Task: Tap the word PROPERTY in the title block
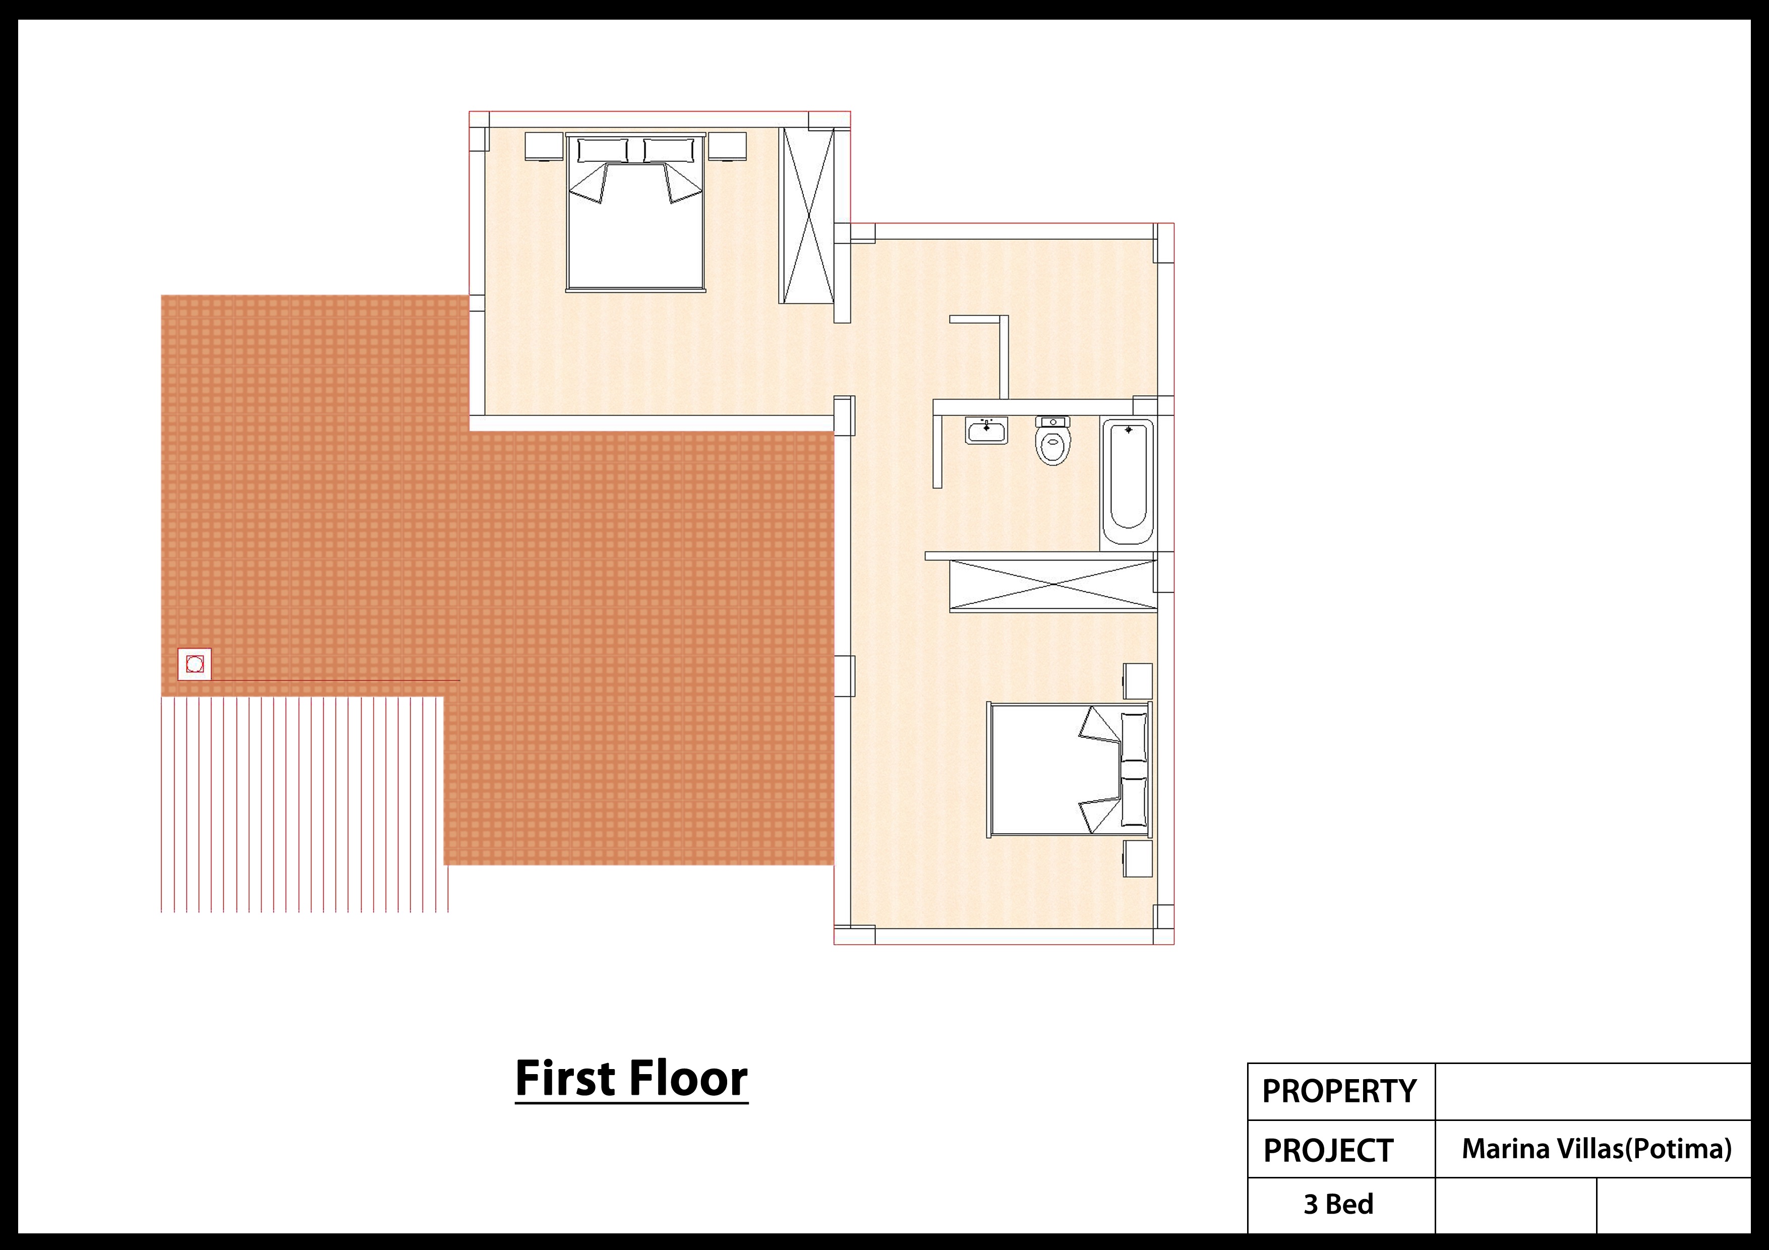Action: pos(1339,1091)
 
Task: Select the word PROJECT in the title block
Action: pos(1328,1151)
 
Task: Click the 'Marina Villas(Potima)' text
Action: pos(1597,1149)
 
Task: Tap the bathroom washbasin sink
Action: pos(986,430)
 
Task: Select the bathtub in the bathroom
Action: pos(1127,481)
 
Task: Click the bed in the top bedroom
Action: pos(635,213)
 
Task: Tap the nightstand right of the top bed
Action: pos(727,146)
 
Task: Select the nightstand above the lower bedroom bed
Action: pos(1138,681)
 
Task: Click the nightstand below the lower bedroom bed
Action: pos(1138,858)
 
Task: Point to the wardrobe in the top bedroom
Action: pos(807,216)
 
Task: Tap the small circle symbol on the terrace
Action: pos(195,664)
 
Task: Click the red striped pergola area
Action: pos(305,805)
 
